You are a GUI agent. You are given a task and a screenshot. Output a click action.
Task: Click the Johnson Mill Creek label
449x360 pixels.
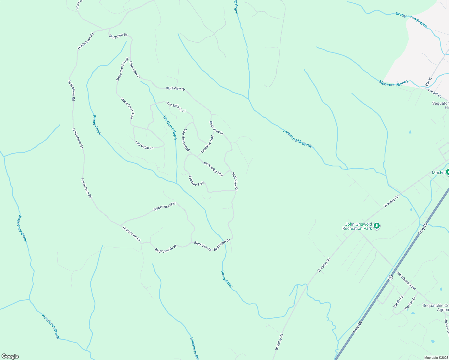click(297, 138)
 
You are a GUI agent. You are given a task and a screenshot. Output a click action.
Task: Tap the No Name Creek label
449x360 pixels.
click(170, 128)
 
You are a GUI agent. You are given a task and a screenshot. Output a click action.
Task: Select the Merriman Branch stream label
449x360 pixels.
click(393, 83)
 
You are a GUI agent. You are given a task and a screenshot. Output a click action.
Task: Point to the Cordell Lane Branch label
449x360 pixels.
click(411, 19)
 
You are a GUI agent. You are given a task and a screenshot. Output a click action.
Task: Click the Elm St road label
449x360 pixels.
click(428, 82)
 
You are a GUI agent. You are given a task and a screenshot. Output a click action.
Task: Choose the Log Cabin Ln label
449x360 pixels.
click(144, 145)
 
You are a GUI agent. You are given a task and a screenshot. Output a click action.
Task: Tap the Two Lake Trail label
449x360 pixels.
click(176, 107)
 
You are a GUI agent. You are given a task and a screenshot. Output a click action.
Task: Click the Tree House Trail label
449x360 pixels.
click(186, 140)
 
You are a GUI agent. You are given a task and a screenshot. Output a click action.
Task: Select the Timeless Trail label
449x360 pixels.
click(207, 144)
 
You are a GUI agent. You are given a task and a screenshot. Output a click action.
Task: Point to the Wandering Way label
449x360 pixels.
click(213, 169)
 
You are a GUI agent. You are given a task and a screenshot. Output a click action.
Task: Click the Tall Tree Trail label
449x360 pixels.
click(196, 181)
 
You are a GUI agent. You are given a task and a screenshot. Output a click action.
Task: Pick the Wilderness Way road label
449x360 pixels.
click(164, 206)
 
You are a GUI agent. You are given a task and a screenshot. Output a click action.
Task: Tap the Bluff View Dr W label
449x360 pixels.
click(165, 249)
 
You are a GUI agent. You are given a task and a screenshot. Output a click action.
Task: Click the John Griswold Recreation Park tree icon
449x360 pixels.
click(377, 226)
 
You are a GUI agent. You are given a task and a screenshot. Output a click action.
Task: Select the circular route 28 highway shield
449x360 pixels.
click(390, 277)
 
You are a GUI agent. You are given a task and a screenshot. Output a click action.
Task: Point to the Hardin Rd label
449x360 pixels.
click(398, 301)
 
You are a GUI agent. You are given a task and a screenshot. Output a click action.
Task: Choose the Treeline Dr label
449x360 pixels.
click(409, 303)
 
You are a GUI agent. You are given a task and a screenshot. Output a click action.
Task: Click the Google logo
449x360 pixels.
click(10, 356)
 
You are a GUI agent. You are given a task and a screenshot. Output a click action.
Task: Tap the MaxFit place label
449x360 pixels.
click(438, 172)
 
